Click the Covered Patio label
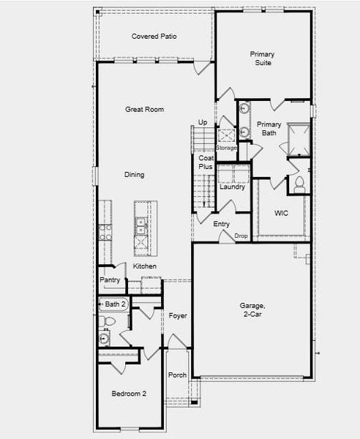(x=154, y=37)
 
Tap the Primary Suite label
(x=261, y=59)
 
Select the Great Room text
(x=144, y=110)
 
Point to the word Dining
(x=134, y=175)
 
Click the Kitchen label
(x=144, y=266)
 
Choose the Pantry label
(x=110, y=280)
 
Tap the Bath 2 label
(x=116, y=304)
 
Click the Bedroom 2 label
(x=129, y=394)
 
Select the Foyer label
(x=178, y=316)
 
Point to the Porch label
(x=177, y=375)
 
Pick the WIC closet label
(x=281, y=214)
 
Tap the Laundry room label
(x=232, y=187)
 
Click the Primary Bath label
(x=269, y=129)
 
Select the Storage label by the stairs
(x=226, y=148)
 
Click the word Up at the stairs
(x=203, y=122)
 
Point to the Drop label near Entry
(x=241, y=236)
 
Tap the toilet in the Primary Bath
(x=299, y=185)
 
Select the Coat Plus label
(x=206, y=162)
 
